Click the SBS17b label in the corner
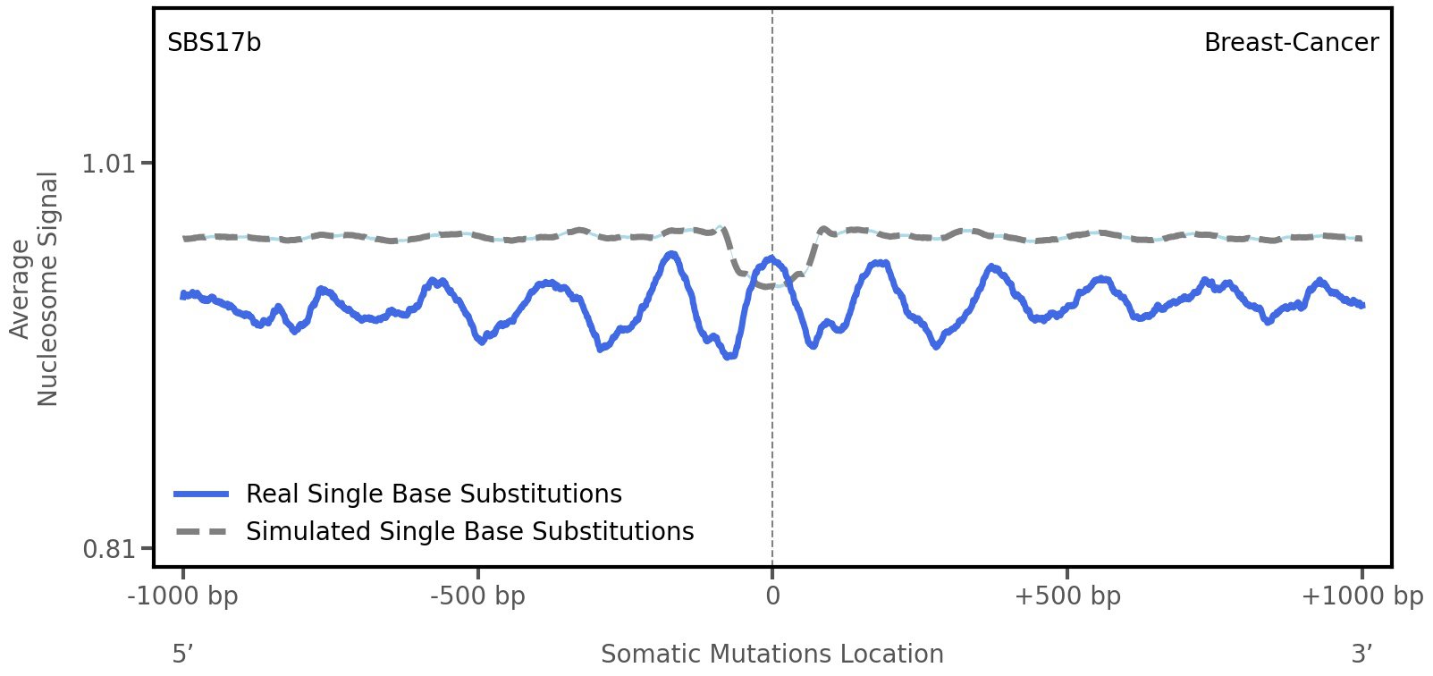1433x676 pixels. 214,43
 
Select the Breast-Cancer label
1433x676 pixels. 1291,43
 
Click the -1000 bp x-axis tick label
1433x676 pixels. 183,596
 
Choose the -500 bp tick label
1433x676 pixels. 477,596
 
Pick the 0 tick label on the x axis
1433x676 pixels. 772,596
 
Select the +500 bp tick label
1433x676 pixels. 1067,596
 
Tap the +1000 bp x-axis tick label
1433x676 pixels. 1361,596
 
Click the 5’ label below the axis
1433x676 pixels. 183,655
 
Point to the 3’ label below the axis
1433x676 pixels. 1361,655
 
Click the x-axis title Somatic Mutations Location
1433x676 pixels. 772,655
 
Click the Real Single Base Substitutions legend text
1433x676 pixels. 434,494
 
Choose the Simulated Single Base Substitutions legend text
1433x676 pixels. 469,532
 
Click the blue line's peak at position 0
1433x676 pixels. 771,259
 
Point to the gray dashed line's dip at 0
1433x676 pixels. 771,286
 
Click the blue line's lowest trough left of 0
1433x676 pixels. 731,356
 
